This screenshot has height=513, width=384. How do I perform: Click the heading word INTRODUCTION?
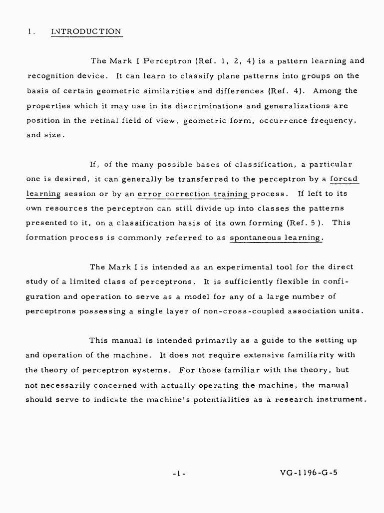(86, 31)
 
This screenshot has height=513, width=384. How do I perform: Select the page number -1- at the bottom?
(178, 473)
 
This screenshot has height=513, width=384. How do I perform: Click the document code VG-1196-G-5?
(309, 472)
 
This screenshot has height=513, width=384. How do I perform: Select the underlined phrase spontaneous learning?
(277, 238)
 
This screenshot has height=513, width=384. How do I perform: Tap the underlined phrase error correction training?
(193, 193)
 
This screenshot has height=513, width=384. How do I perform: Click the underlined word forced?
(346, 178)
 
